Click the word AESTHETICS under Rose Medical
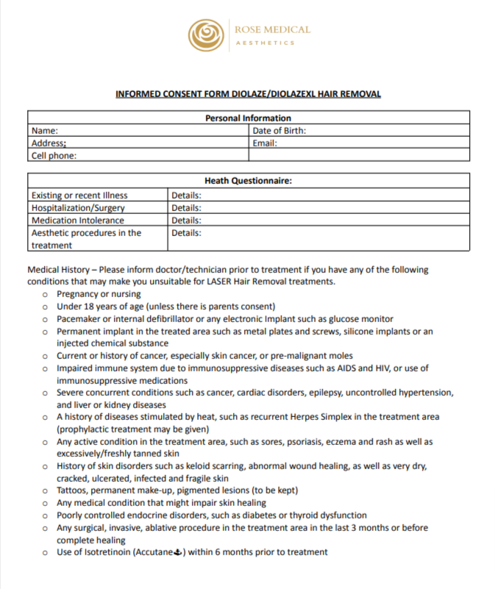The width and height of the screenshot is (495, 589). click(x=265, y=43)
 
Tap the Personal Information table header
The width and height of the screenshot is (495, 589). click(x=248, y=118)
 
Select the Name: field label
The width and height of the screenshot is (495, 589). click(x=45, y=131)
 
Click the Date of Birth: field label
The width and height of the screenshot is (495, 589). click(x=279, y=131)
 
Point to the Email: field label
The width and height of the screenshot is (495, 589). click(x=265, y=143)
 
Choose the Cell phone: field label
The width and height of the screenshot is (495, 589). click(x=54, y=156)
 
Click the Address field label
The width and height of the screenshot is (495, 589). click(x=49, y=143)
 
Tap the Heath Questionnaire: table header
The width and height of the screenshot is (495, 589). click(x=248, y=181)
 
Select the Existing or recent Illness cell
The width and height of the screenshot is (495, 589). click(x=79, y=196)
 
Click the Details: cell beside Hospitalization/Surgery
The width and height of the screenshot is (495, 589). click(x=186, y=208)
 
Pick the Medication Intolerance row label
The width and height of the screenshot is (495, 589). click(x=78, y=221)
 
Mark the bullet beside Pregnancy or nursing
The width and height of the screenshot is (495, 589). click(x=46, y=294)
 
